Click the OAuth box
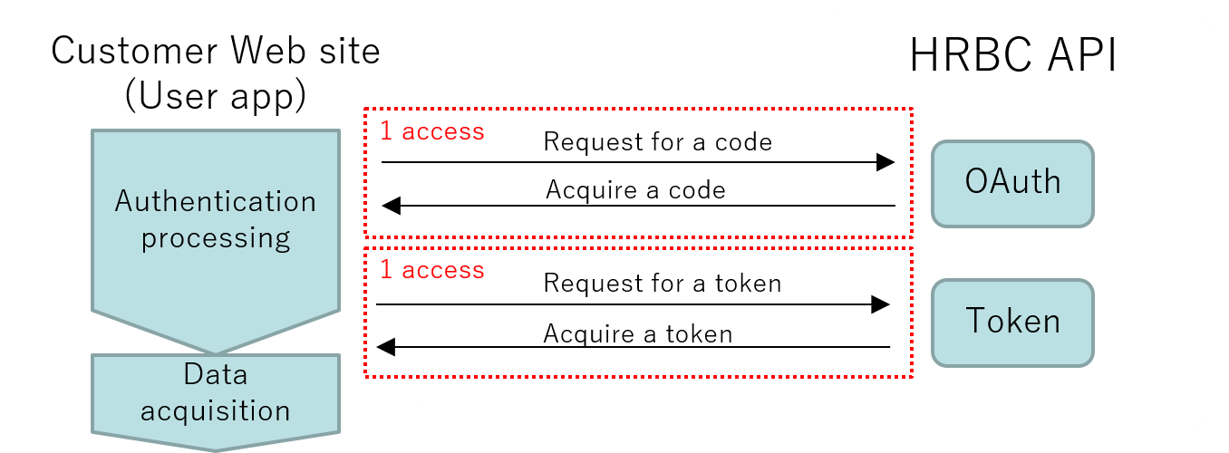coord(1012,183)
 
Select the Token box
coord(1012,323)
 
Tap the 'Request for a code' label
coord(657,142)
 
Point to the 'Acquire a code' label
coord(635,190)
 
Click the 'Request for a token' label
coord(662,284)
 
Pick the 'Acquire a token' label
coord(637,334)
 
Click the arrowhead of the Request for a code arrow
coord(885,162)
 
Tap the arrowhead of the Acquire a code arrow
coord(392,206)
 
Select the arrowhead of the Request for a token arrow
coord(880,304)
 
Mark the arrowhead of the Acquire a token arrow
coord(386,346)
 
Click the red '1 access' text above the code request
coord(431,131)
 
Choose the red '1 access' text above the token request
coord(431,270)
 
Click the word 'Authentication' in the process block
coord(216,201)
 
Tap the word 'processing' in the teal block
coord(216,238)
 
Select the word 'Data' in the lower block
coord(215,374)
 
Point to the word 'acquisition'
coord(215,410)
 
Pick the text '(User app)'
coord(215,96)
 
